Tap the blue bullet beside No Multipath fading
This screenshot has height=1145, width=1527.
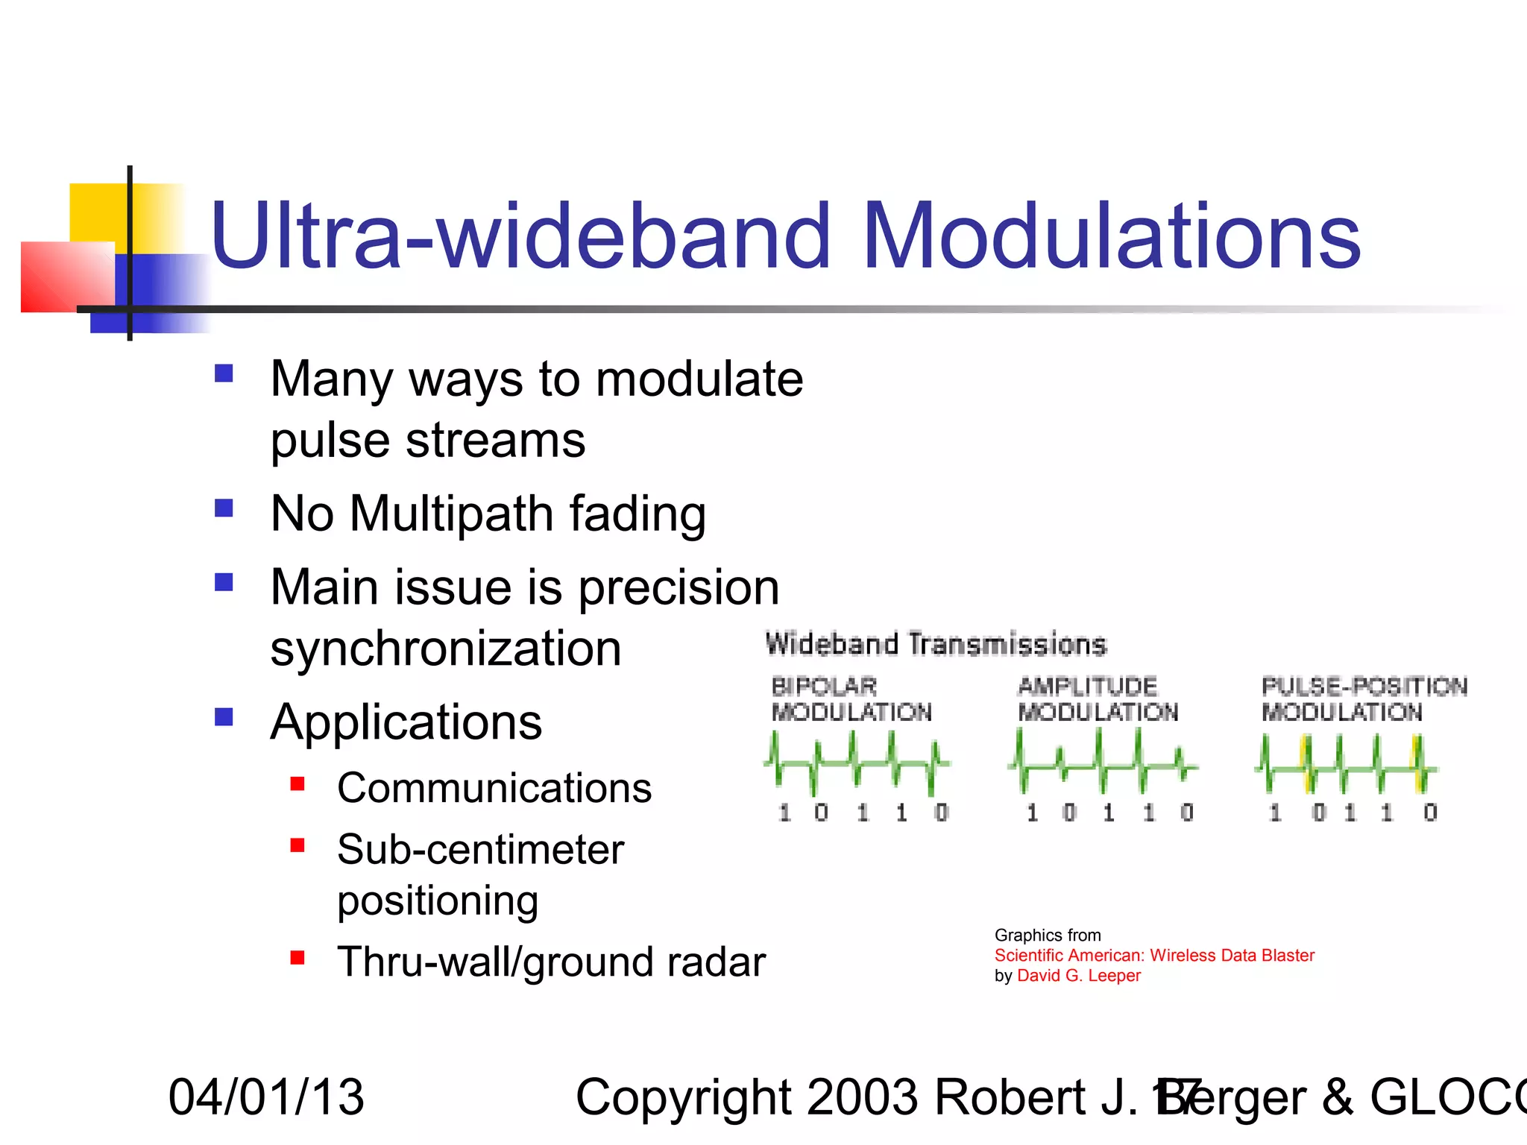tap(224, 508)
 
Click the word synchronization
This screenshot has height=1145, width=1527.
tap(445, 649)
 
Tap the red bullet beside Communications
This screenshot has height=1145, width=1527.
tap(297, 783)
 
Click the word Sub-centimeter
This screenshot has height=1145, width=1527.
tap(480, 849)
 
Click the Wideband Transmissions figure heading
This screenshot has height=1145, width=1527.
tap(936, 644)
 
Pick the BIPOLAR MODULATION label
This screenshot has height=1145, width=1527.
tap(851, 699)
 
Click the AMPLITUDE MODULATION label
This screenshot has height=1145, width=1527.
tap(1098, 699)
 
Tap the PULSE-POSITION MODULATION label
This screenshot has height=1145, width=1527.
tap(1363, 699)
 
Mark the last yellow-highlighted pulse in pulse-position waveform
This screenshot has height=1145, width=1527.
tap(1419, 765)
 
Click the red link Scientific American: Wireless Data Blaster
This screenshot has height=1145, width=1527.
tap(1153, 956)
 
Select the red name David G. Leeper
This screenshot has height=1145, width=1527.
tap(1078, 976)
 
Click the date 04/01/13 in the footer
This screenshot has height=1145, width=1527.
tap(266, 1097)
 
